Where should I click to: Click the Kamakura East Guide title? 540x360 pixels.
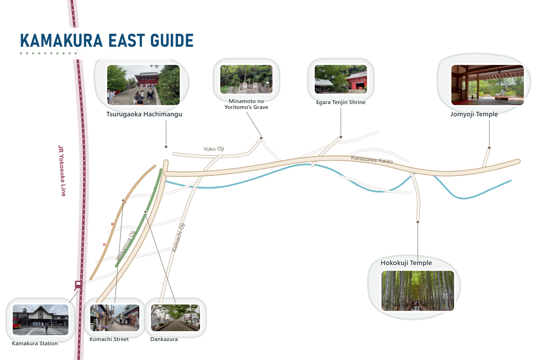tap(107, 40)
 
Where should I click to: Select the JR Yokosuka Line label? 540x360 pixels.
tap(62, 171)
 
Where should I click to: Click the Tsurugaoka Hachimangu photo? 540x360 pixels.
tap(143, 85)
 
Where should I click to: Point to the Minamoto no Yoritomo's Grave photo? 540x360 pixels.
tap(246, 79)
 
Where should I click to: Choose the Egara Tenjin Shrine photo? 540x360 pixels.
tap(341, 79)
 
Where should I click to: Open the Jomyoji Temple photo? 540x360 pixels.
tap(488, 85)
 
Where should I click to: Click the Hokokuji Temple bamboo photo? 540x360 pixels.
tap(418, 290)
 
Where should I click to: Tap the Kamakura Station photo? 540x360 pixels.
tap(40, 320)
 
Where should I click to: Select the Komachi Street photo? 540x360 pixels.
tap(115, 317)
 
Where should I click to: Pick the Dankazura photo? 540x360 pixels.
tap(175, 317)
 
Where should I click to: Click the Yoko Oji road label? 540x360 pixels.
tap(214, 149)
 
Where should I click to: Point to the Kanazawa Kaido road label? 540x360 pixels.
tap(372, 159)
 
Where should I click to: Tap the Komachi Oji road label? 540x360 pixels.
tap(179, 238)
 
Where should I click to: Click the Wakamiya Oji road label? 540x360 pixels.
tap(126, 245)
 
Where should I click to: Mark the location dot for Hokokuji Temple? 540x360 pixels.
tap(418, 222)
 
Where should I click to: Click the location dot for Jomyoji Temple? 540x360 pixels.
tap(489, 148)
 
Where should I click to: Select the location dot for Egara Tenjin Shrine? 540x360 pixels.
tap(341, 137)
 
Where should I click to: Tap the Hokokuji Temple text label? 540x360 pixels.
tap(406, 263)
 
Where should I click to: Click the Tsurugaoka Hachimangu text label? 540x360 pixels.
tap(144, 114)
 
